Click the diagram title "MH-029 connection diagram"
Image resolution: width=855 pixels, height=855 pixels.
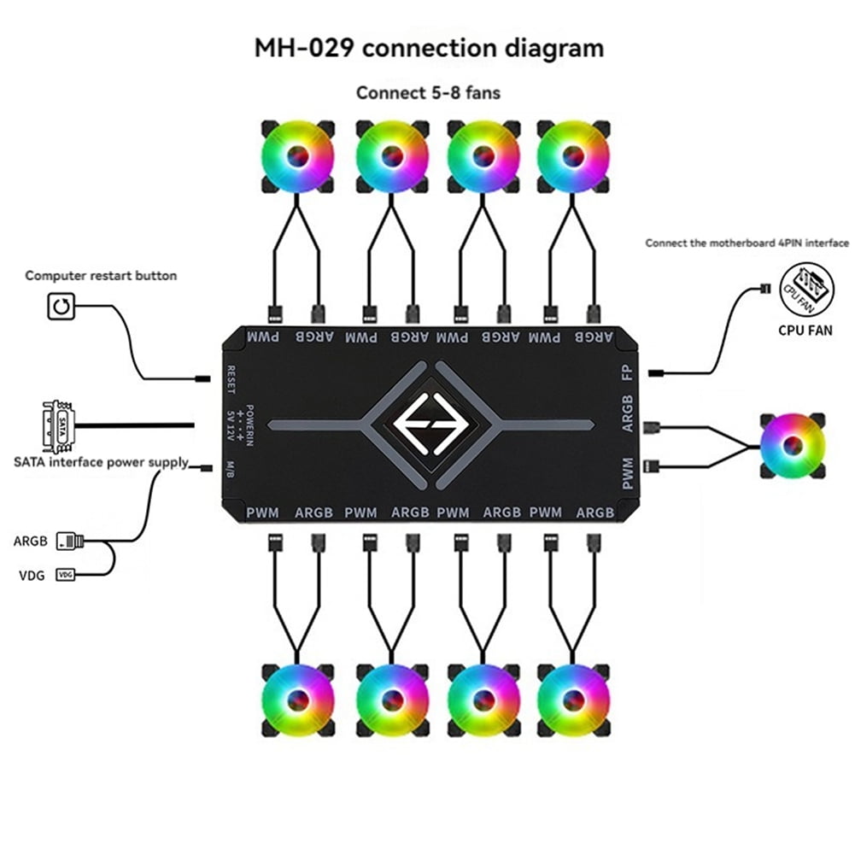click(429, 47)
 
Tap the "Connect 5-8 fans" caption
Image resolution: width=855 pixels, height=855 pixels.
click(428, 92)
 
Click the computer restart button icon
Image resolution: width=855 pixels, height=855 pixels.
click(60, 306)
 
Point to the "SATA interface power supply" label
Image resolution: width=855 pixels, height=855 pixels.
click(101, 462)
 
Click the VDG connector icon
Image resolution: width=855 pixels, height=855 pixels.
click(65, 575)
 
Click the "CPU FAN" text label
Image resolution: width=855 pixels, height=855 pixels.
click(805, 329)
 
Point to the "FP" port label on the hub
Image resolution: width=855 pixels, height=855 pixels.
click(629, 374)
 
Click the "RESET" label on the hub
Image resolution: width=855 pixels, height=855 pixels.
click(231, 379)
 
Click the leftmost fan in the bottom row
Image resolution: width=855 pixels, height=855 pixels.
click(296, 699)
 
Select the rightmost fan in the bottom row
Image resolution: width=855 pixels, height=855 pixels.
click(574, 699)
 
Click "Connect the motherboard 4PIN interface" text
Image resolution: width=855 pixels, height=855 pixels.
click(747, 243)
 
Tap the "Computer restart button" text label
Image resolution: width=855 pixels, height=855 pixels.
click(101, 276)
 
